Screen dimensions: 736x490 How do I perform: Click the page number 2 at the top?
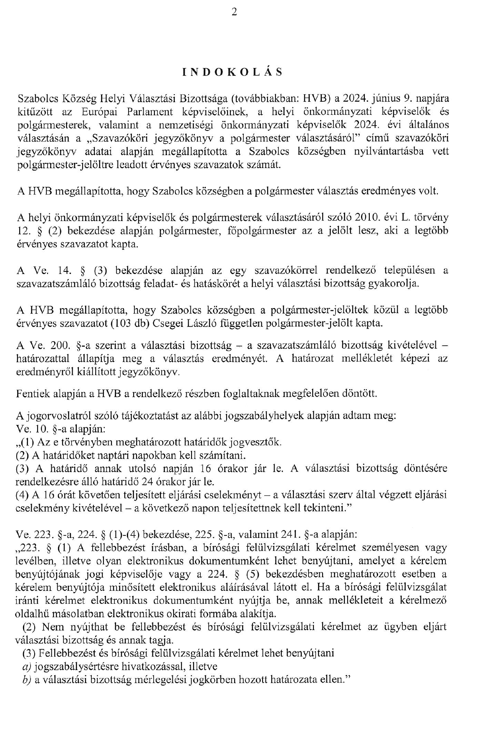[x=234, y=13]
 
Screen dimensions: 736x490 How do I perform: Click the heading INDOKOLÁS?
[x=232, y=72]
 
